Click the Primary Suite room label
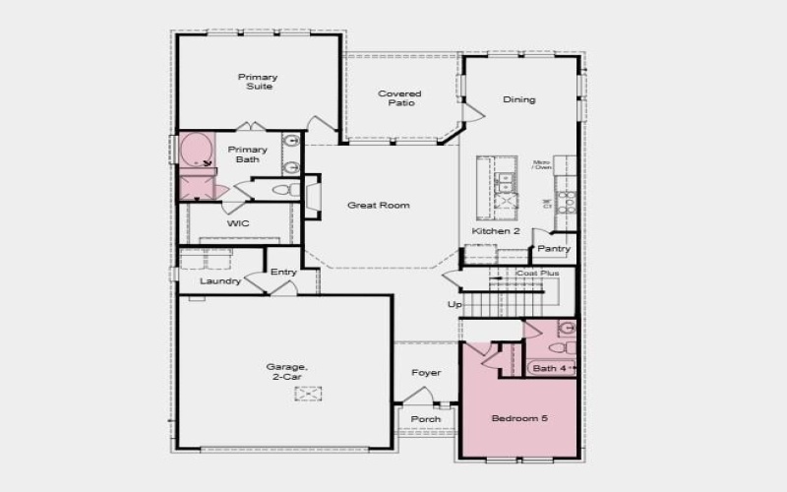tap(258, 81)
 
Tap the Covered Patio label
tap(400, 97)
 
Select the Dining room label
tap(519, 99)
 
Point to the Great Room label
tap(379, 206)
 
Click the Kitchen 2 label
tap(496, 231)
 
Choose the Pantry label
tap(554, 249)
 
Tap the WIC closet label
tap(238, 224)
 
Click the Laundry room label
tap(220, 281)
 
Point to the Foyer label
tap(426, 373)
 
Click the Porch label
tap(426, 419)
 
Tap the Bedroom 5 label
tap(519, 419)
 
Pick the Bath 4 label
tap(550, 369)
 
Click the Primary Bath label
tap(248, 154)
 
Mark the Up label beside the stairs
tap(454, 305)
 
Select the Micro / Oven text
tap(542, 164)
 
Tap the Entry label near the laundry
tap(283, 273)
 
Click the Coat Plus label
tap(538, 273)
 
